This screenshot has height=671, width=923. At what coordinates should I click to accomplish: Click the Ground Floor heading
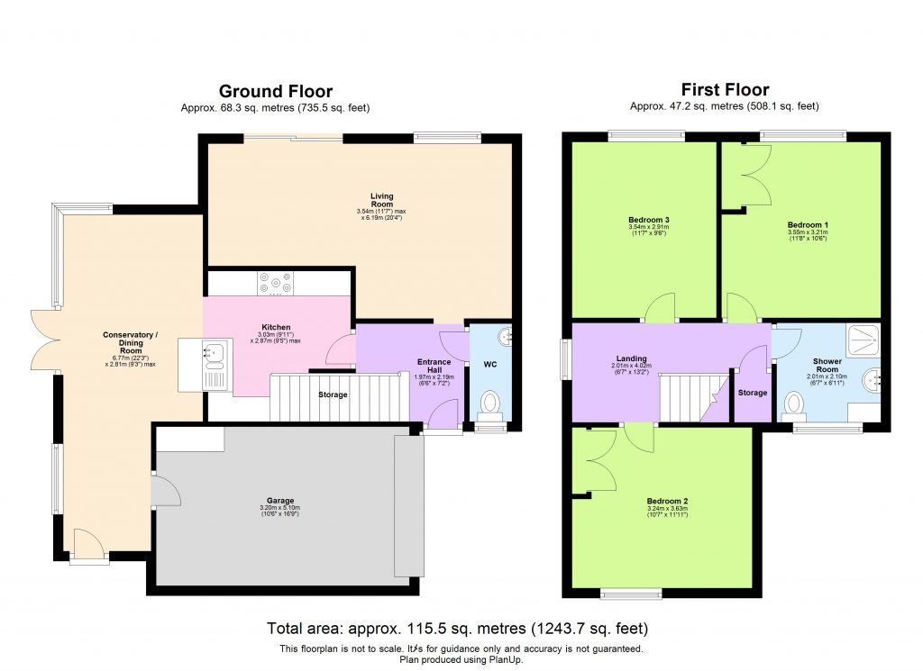coord(276,91)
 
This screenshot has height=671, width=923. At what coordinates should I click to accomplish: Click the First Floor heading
coord(725,89)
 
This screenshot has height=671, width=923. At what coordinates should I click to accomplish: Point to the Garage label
coord(281,501)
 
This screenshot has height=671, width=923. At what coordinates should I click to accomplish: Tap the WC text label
coord(490,365)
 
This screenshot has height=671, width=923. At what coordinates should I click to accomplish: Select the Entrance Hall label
coord(434,367)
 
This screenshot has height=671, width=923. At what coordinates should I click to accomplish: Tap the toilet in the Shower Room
coord(794,404)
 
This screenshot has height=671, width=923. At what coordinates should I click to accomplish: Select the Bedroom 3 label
coord(647,220)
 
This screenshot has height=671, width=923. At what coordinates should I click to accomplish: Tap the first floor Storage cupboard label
coord(752,393)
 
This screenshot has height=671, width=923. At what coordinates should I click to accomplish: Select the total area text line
coord(458,628)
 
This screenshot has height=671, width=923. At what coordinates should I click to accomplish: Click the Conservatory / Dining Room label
coord(130,340)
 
